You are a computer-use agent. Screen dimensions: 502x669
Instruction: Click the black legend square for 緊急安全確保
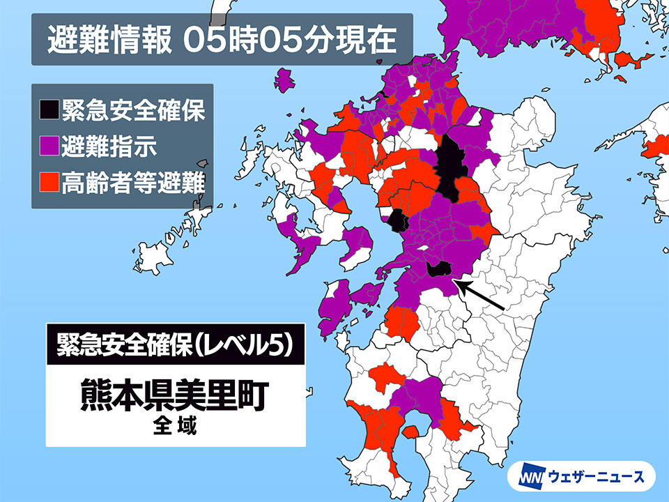tap(49, 109)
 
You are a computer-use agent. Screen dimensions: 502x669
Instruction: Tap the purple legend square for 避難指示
tap(49, 147)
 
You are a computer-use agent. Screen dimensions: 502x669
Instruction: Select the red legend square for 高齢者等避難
tap(49, 184)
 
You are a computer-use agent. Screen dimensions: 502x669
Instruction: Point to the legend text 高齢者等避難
tap(132, 184)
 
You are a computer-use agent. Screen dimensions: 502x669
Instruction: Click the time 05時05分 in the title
tap(262, 40)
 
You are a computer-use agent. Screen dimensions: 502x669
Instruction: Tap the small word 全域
tap(175, 426)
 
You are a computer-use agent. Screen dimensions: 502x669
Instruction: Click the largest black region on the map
tap(449, 167)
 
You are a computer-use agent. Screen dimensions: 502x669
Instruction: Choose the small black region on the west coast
tap(398, 220)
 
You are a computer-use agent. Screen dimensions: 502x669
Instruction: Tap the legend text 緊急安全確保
tap(132, 109)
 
